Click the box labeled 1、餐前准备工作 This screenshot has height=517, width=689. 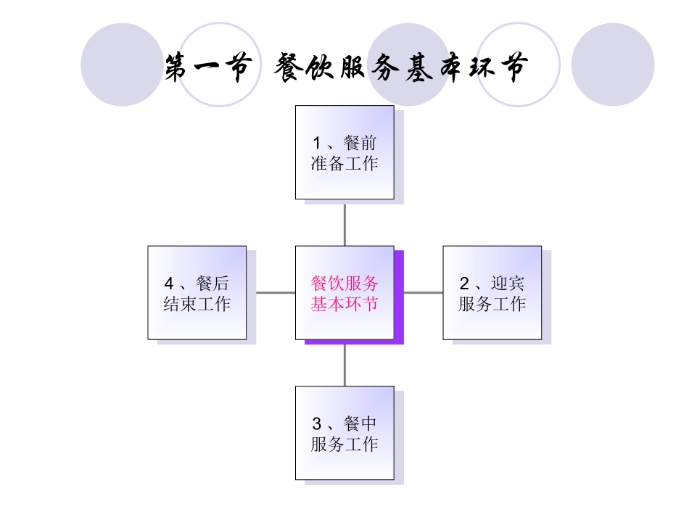[344, 152]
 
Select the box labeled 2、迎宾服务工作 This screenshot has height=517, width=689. [492, 292]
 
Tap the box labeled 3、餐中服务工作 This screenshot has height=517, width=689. [344, 433]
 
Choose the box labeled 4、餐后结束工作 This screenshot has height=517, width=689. [197, 292]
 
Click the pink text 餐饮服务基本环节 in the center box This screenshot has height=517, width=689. [344, 293]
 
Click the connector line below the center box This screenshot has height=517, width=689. [344, 363]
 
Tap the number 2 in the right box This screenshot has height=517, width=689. [464, 284]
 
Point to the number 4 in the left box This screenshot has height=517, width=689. [170, 284]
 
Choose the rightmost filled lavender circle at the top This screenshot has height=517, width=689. [613, 65]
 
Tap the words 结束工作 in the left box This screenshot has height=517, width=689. [197, 303]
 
